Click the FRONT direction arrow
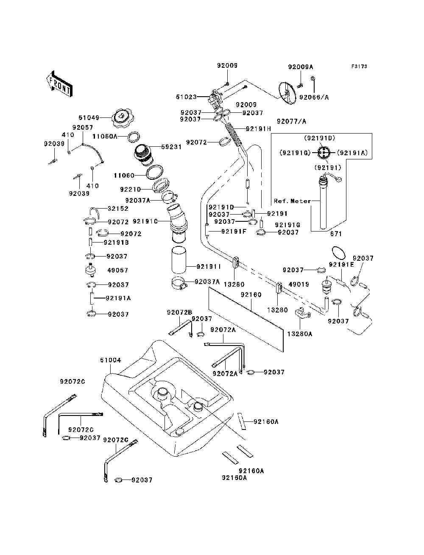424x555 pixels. tap(59, 84)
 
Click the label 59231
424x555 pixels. tap(171, 147)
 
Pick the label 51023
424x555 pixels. tap(187, 97)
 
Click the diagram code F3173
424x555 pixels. tap(359, 67)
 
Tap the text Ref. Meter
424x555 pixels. tap(292, 201)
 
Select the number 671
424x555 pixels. tap(335, 234)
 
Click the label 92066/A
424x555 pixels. tap(314, 97)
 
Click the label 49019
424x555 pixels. tap(299, 284)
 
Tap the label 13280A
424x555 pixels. tap(299, 334)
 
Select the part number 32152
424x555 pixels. tap(118, 209)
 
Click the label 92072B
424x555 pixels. tap(179, 312)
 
